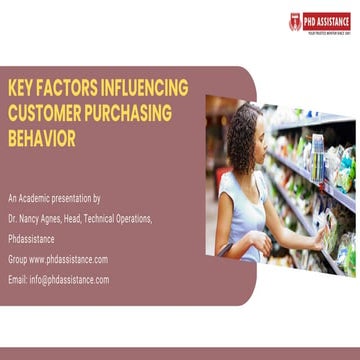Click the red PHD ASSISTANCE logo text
(x=325, y=17)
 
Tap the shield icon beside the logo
(x=295, y=20)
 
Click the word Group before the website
(x=18, y=259)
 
